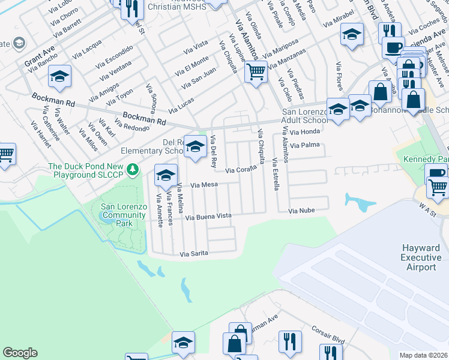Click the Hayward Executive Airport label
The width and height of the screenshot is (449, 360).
pos(420,257)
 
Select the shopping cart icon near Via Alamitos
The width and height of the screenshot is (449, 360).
pos(256,71)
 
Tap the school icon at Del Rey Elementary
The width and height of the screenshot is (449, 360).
pos(194,146)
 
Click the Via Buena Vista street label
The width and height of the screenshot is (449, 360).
pos(208,216)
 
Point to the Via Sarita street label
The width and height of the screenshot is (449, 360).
pos(194,254)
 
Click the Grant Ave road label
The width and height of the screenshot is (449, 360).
pos(39,55)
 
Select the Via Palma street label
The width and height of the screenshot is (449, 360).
pos(304,145)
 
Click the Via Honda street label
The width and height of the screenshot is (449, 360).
pos(306,131)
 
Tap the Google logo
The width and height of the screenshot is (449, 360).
pos(20,353)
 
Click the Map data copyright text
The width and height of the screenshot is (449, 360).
pos(424,355)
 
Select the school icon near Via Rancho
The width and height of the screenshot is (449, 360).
pos(60,76)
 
